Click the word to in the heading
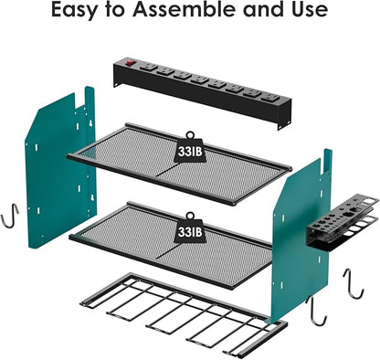(x=121, y=12)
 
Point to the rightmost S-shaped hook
(x=353, y=283)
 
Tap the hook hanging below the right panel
(x=318, y=315)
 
